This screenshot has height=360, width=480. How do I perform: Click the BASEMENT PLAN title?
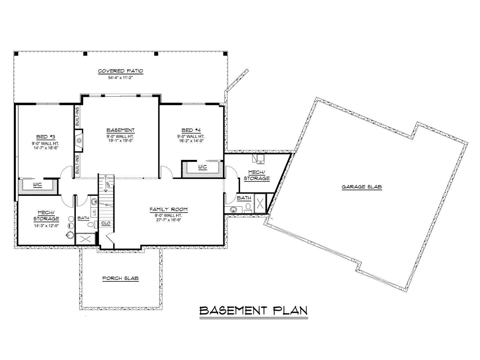tap(253, 310)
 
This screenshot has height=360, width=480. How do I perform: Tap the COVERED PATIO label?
tap(121, 71)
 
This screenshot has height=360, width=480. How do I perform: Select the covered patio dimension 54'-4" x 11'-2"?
tap(121, 78)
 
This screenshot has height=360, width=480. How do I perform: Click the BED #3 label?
tap(46, 137)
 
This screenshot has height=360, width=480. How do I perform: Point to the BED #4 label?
tap(191, 130)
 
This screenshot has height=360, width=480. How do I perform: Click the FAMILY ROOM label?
tap(169, 209)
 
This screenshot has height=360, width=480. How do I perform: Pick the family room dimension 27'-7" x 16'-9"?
tap(169, 220)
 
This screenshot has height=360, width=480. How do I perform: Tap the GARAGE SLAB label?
tap(362, 187)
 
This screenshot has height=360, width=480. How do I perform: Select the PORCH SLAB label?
tap(121, 278)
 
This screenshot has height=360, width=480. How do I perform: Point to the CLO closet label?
tap(106, 223)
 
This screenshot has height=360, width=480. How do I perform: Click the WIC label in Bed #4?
tap(202, 167)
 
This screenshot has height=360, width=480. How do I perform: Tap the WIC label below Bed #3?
tap(37, 185)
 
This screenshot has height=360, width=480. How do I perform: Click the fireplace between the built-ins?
tap(79, 140)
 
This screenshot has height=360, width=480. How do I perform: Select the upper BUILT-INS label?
tap(77, 116)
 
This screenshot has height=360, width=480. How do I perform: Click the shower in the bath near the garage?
tap(260, 203)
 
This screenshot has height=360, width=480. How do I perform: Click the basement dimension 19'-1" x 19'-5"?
tap(121, 140)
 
